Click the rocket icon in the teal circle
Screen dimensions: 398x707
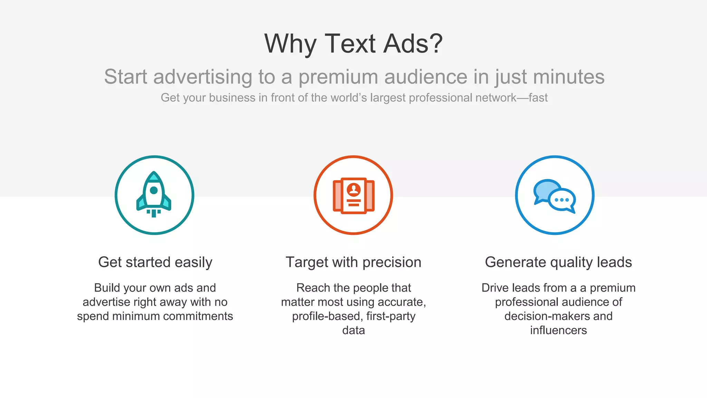pos(154,194)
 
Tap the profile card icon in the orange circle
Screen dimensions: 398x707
pos(353,196)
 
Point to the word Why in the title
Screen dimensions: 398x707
pos(290,44)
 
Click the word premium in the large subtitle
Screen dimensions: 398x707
pos(338,77)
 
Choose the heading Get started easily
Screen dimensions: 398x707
pos(155,262)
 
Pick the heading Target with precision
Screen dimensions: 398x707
pos(353,262)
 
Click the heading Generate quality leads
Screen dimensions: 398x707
pos(558,262)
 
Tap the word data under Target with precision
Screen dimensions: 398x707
pos(353,330)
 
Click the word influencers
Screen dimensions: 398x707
pos(558,330)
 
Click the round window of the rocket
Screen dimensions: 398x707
pos(154,190)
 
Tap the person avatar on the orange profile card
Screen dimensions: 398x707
pos(354,189)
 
